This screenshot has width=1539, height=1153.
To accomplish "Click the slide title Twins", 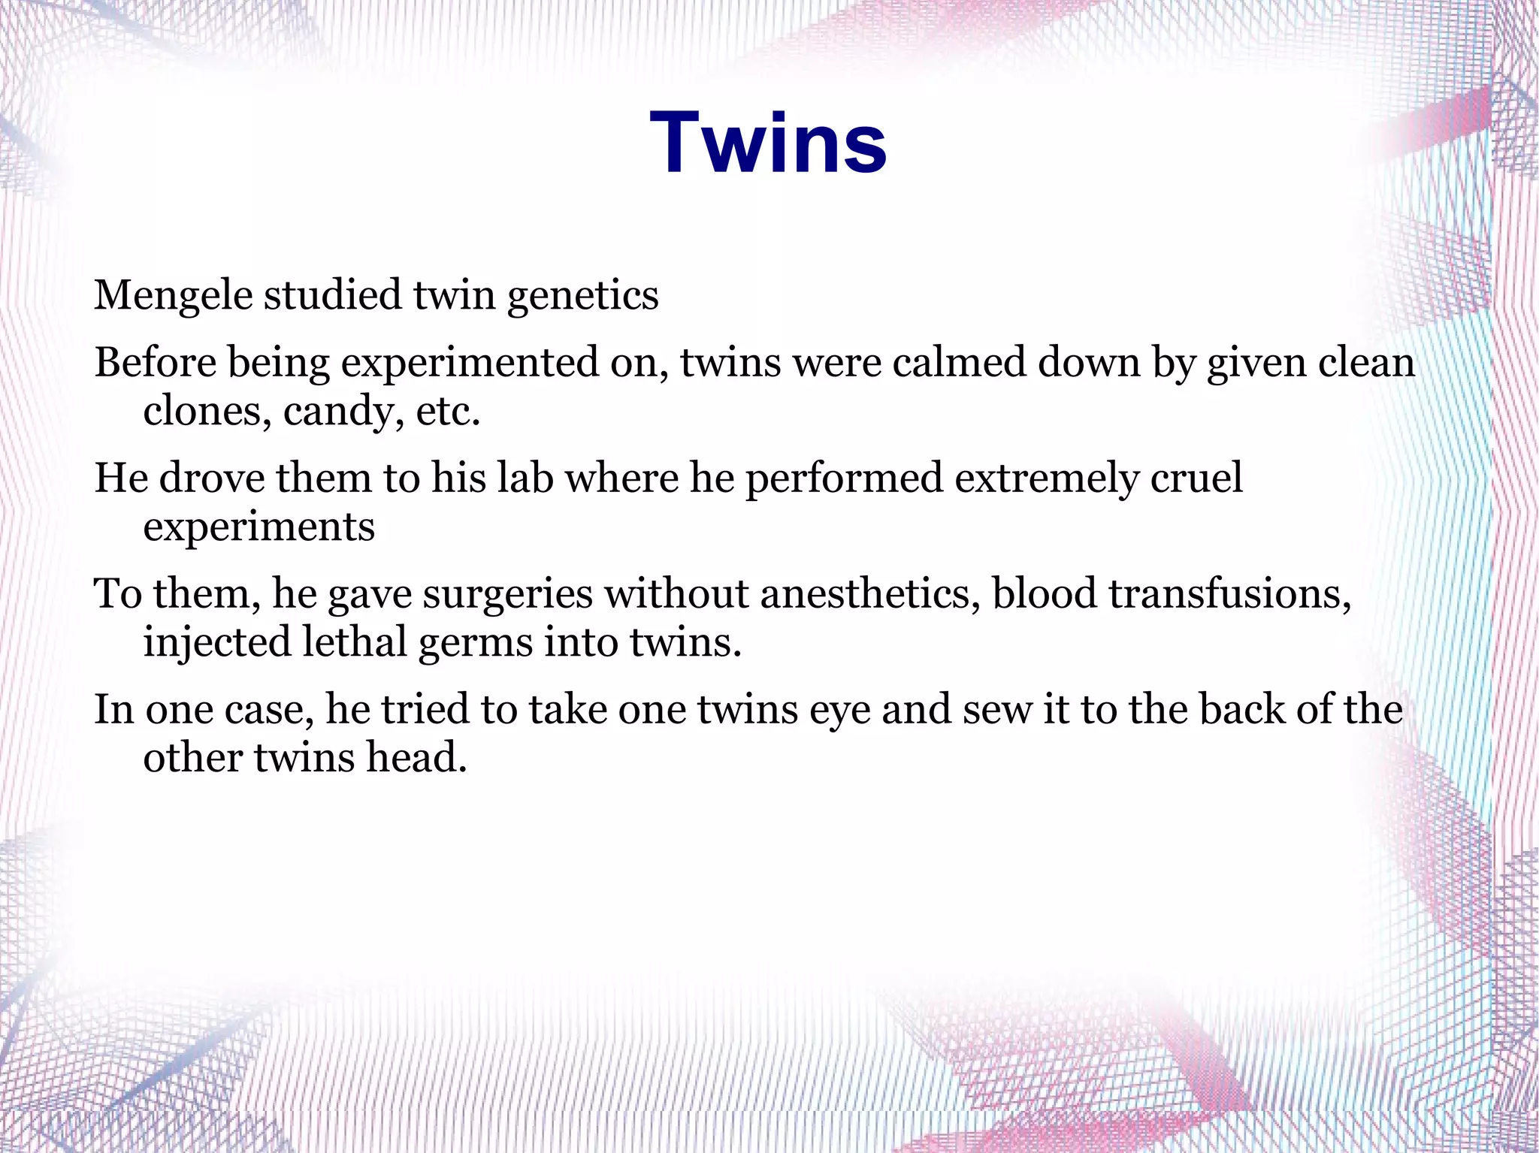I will click(x=768, y=143).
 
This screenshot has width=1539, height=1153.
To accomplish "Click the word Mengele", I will click(x=173, y=294).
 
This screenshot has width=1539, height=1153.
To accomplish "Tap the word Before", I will click(x=156, y=363).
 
